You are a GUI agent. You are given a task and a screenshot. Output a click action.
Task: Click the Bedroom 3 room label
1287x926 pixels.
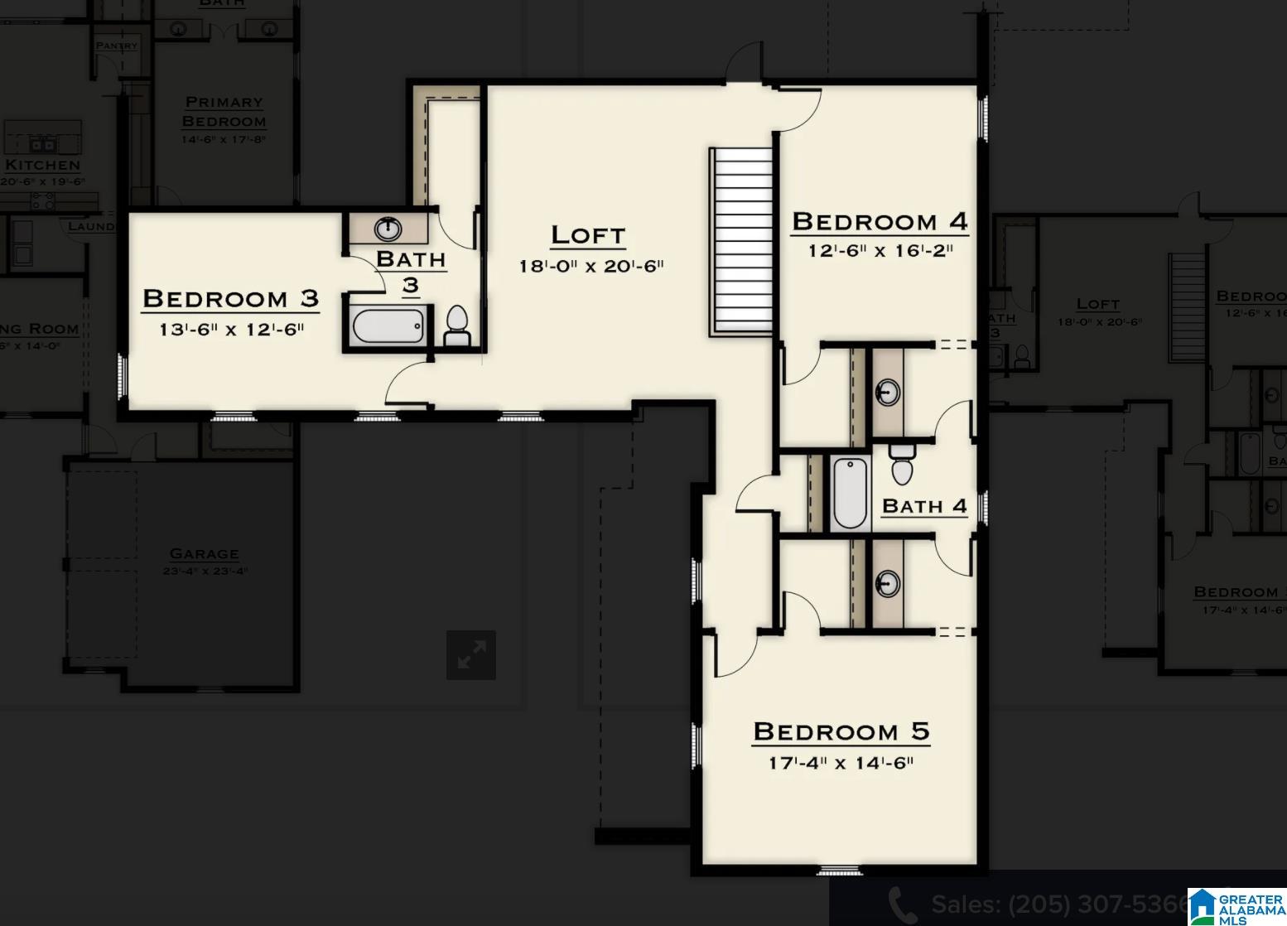pos(230,298)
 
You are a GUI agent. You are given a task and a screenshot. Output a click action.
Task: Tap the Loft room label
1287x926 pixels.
pos(588,235)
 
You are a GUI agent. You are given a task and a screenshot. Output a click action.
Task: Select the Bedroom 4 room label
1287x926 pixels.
pos(880,221)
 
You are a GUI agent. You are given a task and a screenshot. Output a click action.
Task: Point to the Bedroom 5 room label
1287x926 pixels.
pos(841,732)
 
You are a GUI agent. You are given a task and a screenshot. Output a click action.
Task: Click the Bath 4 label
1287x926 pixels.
pos(924,506)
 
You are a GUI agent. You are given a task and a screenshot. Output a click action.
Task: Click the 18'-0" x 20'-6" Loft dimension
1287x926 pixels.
pos(591,266)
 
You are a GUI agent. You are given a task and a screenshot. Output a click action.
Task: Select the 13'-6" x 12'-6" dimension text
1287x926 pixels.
pos(232,330)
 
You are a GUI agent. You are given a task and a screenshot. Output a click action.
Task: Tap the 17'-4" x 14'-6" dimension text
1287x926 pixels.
pos(841,763)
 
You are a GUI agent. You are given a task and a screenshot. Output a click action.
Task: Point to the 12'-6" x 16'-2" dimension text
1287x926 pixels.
pos(880,250)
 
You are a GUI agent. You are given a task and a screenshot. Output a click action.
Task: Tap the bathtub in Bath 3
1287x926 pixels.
pos(388,326)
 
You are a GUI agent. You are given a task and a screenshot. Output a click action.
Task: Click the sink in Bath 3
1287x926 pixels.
pos(388,228)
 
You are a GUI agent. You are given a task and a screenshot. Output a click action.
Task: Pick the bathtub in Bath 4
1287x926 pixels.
pos(850,492)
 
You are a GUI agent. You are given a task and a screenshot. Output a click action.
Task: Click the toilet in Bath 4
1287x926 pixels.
pos(902,465)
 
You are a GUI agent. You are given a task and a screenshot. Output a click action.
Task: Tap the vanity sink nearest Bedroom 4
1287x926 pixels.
pos(888,391)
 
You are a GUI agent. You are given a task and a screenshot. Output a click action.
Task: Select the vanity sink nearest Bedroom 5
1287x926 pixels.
pos(888,582)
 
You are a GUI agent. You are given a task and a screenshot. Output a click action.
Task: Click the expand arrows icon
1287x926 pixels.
pos(471,655)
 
